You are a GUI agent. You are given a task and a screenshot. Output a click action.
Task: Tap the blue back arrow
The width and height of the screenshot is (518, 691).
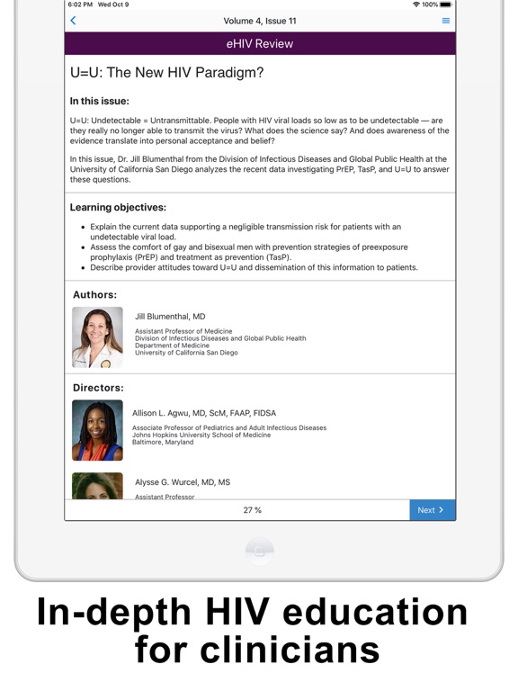pyautogui.click(x=73, y=21)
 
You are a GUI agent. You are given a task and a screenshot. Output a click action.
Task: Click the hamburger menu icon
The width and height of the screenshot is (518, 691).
pyautogui.click(x=446, y=21)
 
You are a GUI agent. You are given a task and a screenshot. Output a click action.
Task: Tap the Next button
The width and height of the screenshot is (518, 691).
pyautogui.click(x=432, y=510)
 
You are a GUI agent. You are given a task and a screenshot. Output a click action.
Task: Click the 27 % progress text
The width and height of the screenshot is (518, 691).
pyautogui.click(x=253, y=510)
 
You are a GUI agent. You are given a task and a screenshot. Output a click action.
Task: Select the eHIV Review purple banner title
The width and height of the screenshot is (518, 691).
pyautogui.click(x=259, y=43)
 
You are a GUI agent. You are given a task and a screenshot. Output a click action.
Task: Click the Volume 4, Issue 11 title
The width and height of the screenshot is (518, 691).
pyautogui.click(x=260, y=21)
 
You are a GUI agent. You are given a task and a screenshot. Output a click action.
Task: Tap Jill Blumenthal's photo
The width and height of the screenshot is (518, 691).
pyautogui.click(x=97, y=337)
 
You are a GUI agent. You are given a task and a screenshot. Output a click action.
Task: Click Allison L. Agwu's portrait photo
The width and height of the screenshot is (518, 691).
pyautogui.click(x=97, y=430)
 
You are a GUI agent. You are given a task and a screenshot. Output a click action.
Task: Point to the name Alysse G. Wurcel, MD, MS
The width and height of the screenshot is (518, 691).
pyautogui.click(x=183, y=482)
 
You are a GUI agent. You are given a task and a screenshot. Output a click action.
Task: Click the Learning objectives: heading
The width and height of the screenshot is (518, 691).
pyautogui.click(x=118, y=207)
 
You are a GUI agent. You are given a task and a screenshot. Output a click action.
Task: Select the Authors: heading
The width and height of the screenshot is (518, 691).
pyautogui.click(x=94, y=294)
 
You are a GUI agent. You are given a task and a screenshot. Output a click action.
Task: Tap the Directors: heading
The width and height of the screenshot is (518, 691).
pyautogui.click(x=98, y=388)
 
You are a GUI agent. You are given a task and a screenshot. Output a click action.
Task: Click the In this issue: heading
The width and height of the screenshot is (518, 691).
pyautogui.click(x=99, y=101)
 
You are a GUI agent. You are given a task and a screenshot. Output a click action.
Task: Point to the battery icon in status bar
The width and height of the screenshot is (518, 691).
pyautogui.click(x=445, y=4)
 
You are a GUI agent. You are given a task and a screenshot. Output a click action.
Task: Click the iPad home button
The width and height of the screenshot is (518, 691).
pyautogui.click(x=259, y=551)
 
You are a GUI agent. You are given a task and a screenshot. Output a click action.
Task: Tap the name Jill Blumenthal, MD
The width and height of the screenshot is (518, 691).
pyautogui.click(x=170, y=317)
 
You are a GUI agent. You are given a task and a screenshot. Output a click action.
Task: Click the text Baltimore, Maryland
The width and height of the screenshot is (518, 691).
pyautogui.click(x=163, y=442)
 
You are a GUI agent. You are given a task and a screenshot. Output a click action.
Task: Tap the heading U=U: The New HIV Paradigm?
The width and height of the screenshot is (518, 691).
pyautogui.click(x=167, y=73)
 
